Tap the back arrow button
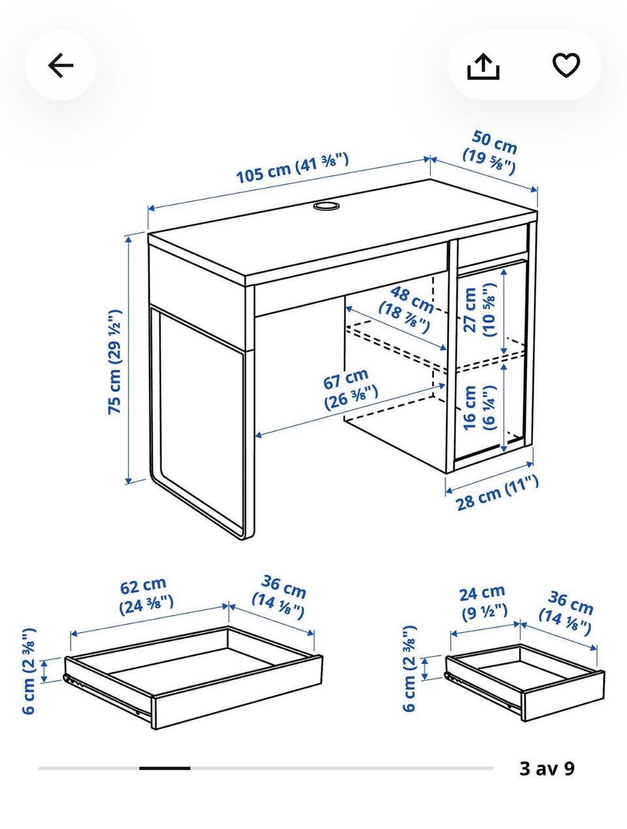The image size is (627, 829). tap(60, 66)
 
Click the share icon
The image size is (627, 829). tap(483, 67)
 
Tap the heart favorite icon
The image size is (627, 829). tap(566, 65)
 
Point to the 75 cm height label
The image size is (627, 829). tap(115, 362)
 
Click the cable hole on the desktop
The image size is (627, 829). tap(326, 206)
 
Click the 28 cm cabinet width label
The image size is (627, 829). tap(497, 493)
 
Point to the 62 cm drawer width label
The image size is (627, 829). tap(146, 596)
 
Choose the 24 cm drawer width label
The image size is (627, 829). tap(483, 603)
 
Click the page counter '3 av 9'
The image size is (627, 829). tap(547, 768)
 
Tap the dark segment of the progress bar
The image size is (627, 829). tap(165, 768)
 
